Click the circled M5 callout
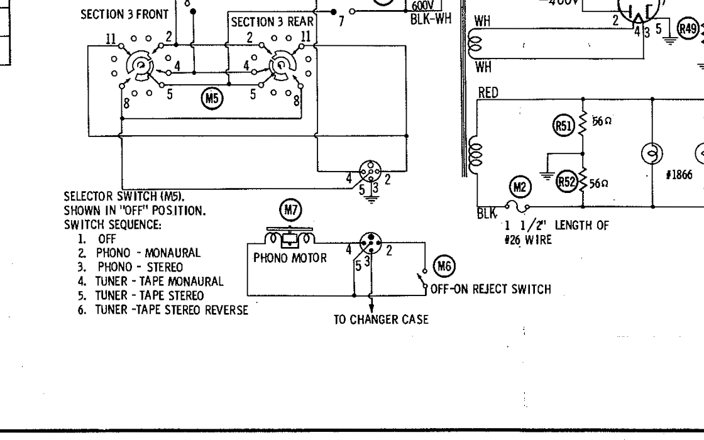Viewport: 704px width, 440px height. pyautogui.click(x=212, y=97)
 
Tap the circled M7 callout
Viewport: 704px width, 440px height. pyautogui.click(x=290, y=210)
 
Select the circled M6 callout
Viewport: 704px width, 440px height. pyautogui.click(x=444, y=267)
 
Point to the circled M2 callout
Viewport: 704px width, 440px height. pyautogui.click(x=520, y=187)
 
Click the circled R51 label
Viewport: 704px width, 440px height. pyautogui.click(x=563, y=126)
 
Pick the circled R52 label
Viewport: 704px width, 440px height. pyautogui.click(x=566, y=182)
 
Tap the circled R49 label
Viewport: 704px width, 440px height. pyautogui.click(x=688, y=29)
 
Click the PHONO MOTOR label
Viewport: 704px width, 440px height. pyautogui.click(x=290, y=258)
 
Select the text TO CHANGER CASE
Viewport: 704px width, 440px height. pyautogui.click(x=381, y=320)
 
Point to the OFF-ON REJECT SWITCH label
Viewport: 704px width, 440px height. pyautogui.click(x=490, y=289)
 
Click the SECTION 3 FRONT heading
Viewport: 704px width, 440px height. pyautogui.click(x=124, y=14)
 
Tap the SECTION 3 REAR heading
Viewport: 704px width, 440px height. pyautogui.click(x=272, y=22)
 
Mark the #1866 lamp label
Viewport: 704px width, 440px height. pyautogui.click(x=679, y=175)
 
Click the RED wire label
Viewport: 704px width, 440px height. pyautogui.click(x=488, y=93)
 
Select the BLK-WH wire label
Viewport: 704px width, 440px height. pyautogui.click(x=431, y=19)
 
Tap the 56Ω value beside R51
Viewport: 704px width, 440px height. pyautogui.click(x=602, y=121)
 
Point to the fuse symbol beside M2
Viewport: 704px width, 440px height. pyautogui.click(x=517, y=207)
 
